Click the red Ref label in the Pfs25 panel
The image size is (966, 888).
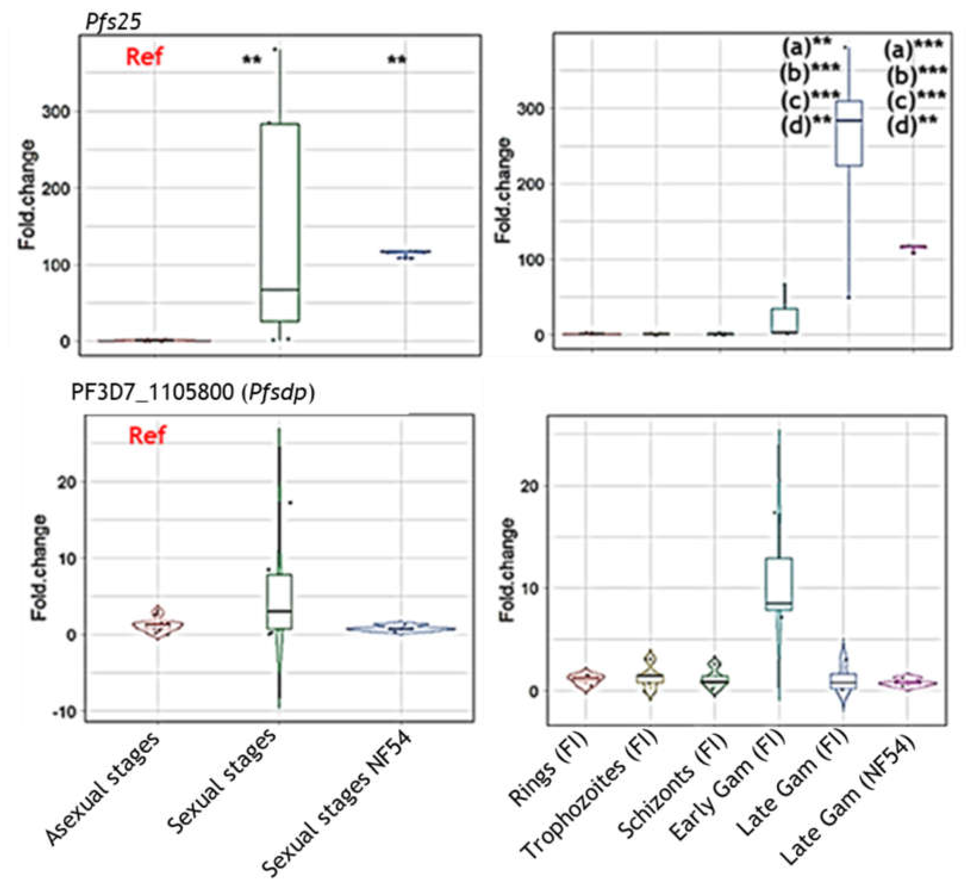pos(144,57)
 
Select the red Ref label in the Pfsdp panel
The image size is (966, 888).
pos(147,435)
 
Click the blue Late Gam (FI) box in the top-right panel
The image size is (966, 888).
pos(849,134)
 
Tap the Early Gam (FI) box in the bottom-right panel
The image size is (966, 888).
pos(778,584)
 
